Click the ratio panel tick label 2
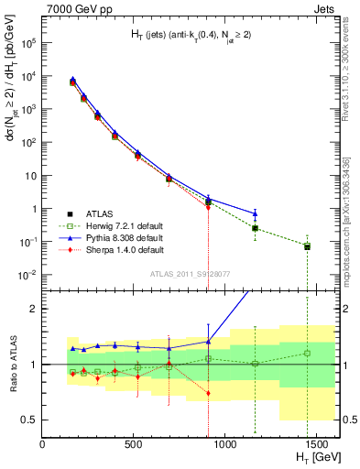point(33,309)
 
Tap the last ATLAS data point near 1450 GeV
point(307,246)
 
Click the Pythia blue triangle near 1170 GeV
point(255,213)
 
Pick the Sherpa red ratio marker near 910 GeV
point(209,393)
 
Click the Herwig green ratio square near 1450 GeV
point(307,353)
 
